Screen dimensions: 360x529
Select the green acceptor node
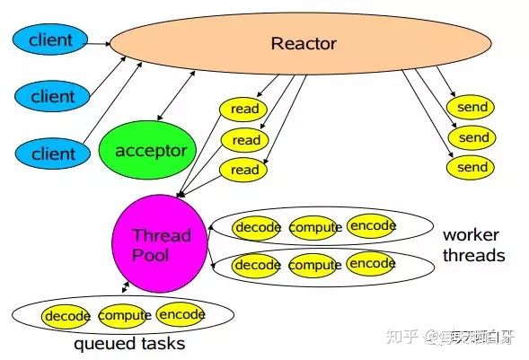(150, 151)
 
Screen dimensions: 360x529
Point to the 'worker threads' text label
(473, 245)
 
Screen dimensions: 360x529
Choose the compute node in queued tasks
(125, 316)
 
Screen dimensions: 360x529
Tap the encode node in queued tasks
(181, 315)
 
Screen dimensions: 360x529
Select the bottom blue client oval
(53, 154)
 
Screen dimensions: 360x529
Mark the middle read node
(245, 140)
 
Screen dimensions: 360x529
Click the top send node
(472, 108)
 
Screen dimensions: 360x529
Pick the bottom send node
(472, 168)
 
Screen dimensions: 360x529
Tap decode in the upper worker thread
(258, 228)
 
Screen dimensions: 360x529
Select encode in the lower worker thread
(371, 264)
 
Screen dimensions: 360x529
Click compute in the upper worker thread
(314, 228)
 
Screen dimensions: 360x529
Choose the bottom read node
(245, 170)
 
